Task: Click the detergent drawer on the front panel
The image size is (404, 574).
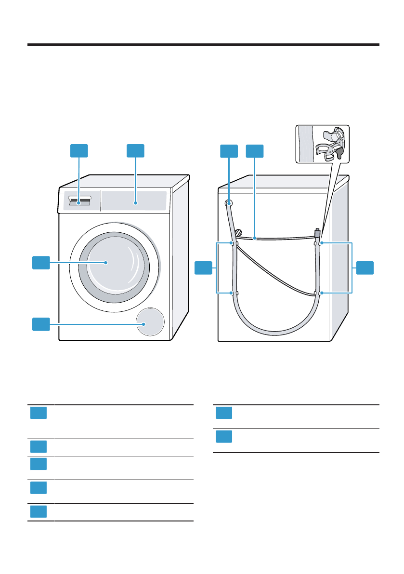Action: coord(78,201)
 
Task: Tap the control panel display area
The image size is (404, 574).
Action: coord(135,201)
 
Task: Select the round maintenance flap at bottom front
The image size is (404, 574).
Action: coord(149,321)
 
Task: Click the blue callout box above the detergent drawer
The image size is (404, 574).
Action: coord(79,150)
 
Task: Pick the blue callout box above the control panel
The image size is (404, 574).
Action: coord(135,150)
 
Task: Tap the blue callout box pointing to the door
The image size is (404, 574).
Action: coord(41,263)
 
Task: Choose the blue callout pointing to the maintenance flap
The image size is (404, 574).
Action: coord(41,324)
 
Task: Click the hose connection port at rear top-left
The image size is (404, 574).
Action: coord(228,203)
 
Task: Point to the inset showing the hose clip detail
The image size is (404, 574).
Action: coord(322,144)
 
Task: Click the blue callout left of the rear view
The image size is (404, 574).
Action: coord(203,267)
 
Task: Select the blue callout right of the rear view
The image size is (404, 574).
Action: coord(365,267)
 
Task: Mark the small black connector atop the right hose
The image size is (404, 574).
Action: coord(317,233)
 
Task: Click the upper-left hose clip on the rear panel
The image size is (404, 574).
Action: coord(234,243)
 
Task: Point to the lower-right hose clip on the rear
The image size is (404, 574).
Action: coord(318,293)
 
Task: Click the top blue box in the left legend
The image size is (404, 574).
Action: coord(38,413)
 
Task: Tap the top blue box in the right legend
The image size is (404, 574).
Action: coord(224,413)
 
